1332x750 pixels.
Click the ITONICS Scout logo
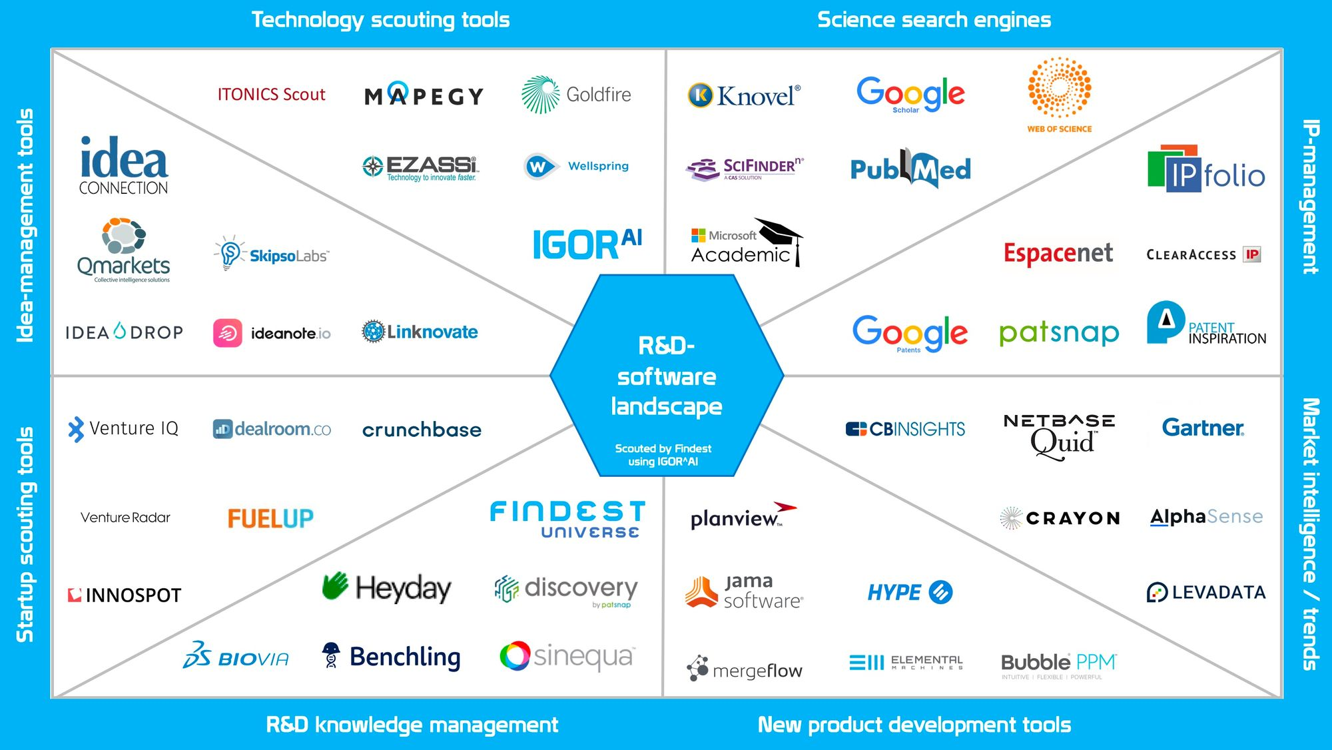click(x=271, y=95)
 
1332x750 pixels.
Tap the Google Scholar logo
click(x=910, y=94)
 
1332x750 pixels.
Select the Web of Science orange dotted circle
click(x=1059, y=87)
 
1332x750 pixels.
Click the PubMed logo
click(x=910, y=169)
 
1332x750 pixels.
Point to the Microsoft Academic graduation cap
click(x=780, y=234)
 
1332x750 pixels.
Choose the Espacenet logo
click(x=1058, y=253)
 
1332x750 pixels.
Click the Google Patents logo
click(x=910, y=332)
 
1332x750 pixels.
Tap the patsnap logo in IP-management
click(x=1059, y=332)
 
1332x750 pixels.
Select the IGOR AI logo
click(x=587, y=244)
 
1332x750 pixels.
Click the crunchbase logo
click(x=422, y=430)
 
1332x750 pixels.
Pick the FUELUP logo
click(x=270, y=518)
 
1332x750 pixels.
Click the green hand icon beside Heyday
click(x=335, y=586)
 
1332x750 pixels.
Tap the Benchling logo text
click(x=405, y=657)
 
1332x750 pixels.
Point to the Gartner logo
click(x=1203, y=428)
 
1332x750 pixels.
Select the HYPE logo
click(x=910, y=592)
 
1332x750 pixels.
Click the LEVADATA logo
click(x=1206, y=592)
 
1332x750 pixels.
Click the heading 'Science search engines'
click(x=934, y=20)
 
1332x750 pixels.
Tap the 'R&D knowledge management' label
click(x=412, y=725)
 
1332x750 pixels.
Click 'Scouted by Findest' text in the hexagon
click(x=663, y=449)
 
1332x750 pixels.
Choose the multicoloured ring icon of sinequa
click(x=515, y=656)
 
